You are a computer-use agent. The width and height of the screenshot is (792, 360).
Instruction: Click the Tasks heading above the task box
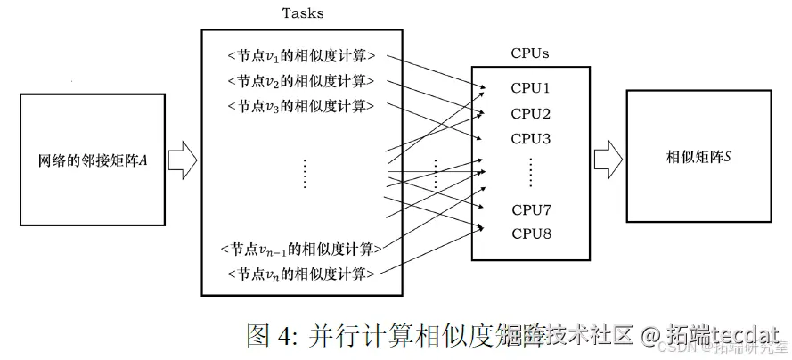coord(302,13)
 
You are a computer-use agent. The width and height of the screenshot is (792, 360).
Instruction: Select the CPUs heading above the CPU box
coord(529,53)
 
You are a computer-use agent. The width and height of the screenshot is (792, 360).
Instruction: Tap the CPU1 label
coord(531,88)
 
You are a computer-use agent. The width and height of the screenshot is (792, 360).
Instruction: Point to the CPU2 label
coord(531,114)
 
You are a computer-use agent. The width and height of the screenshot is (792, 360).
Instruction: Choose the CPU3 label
coord(531,139)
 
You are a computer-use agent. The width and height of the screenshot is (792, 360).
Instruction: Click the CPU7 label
coord(531,210)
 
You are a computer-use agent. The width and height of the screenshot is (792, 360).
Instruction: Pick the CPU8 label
coord(531,233)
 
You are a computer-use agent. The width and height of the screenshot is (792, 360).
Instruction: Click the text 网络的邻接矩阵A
coord(92,161)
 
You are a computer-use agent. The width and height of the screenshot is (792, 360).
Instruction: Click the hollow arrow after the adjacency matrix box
coord(183,160)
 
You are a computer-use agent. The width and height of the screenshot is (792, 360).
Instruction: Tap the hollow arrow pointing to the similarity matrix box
coord(608,158)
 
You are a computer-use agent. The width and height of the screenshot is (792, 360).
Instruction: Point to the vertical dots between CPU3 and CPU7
coord(531,172)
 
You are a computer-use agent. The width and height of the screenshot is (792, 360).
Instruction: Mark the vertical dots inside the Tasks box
coord(304,173)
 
